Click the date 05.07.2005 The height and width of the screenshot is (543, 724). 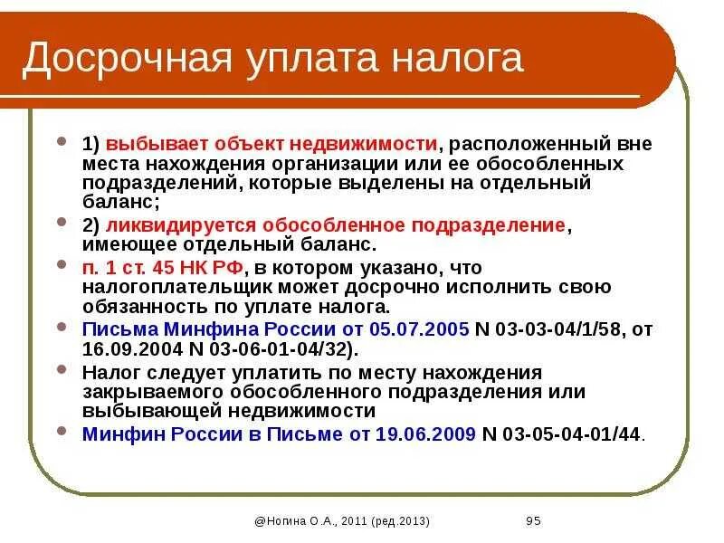[425, 329]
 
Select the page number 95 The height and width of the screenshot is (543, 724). [533, 520]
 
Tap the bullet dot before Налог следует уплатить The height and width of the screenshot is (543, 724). [62, 370]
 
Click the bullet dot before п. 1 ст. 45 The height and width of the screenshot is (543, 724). [62, 265]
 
